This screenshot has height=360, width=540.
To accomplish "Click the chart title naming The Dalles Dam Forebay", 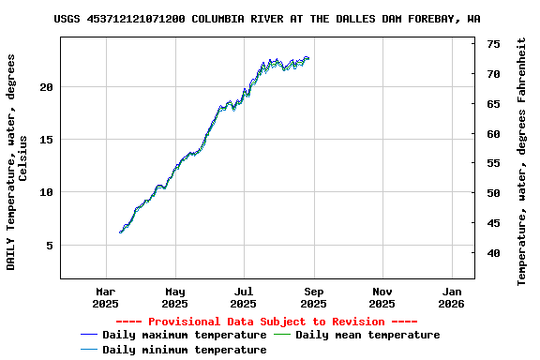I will pyautogui.click(x=267, y=18).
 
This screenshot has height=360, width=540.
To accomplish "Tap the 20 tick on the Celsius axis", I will pyautogui.click(x=46, y=86).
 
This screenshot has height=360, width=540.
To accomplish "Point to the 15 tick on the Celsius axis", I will pyautogui.click(x=46, y=140).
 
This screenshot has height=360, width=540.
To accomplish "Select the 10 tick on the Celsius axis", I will pyautogui.click(x=46, y=192).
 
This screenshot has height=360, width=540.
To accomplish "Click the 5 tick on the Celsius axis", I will pyautogui.click(x=50, y=246).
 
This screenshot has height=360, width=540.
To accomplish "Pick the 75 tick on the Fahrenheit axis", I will pyautogui.click(x=493, y=44).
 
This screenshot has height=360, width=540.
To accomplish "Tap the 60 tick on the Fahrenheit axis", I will pyautogui.click(x=493, y=133).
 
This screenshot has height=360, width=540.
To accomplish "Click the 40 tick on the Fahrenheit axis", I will pyautogui.click(x=493, y=253).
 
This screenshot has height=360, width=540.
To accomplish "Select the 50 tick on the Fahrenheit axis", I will pyautogui.click(x=493, y=193).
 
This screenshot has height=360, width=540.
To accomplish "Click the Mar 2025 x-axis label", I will pyautogui.click(x=106, y=297).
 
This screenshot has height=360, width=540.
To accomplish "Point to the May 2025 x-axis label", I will pyautogui.click(x=174, y=297).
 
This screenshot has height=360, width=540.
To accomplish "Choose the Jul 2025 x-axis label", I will pyautogui.click(x=243, y=297).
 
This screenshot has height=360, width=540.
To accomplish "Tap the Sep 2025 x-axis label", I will pyautogui.click(x=313, y=297).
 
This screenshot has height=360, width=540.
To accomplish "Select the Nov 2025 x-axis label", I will pyautogui.click(x=382, y=297).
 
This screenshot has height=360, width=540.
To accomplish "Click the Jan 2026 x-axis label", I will pyautogui.click(x=451, y=297).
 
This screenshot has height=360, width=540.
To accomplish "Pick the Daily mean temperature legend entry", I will pyautogui.click(x=367, y=335).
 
